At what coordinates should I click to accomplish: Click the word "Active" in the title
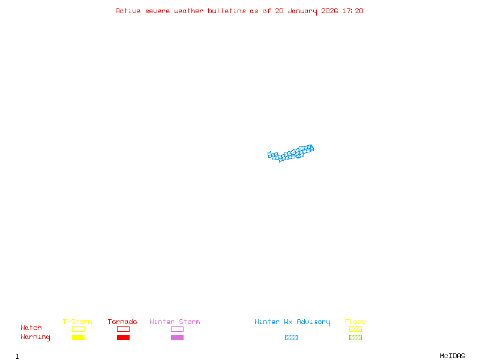coord(128,11)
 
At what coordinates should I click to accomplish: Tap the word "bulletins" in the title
coord(227,11)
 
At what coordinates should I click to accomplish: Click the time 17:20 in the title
coord(352,11)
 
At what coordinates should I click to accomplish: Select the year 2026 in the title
coord(331,11)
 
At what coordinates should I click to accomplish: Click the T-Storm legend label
coord(77,322)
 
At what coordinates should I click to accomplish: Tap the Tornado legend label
coord(122,322)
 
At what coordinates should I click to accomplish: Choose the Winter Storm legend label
coord(175,322)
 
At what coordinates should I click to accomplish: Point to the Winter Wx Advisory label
coord(292,322)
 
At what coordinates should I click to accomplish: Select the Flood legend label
coord(355,322)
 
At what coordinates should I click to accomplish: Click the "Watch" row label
coord(31,328)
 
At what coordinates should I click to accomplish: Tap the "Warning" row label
coord(35,337)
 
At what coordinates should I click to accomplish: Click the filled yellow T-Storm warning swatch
coord(78,338)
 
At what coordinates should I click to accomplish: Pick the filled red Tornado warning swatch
coord(123,338)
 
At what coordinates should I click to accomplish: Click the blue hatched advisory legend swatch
coord(291,338)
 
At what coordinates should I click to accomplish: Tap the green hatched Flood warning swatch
coord(355,338)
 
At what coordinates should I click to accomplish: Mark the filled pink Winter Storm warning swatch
coord(177,338)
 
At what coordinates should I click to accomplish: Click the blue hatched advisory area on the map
coord(291,154)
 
